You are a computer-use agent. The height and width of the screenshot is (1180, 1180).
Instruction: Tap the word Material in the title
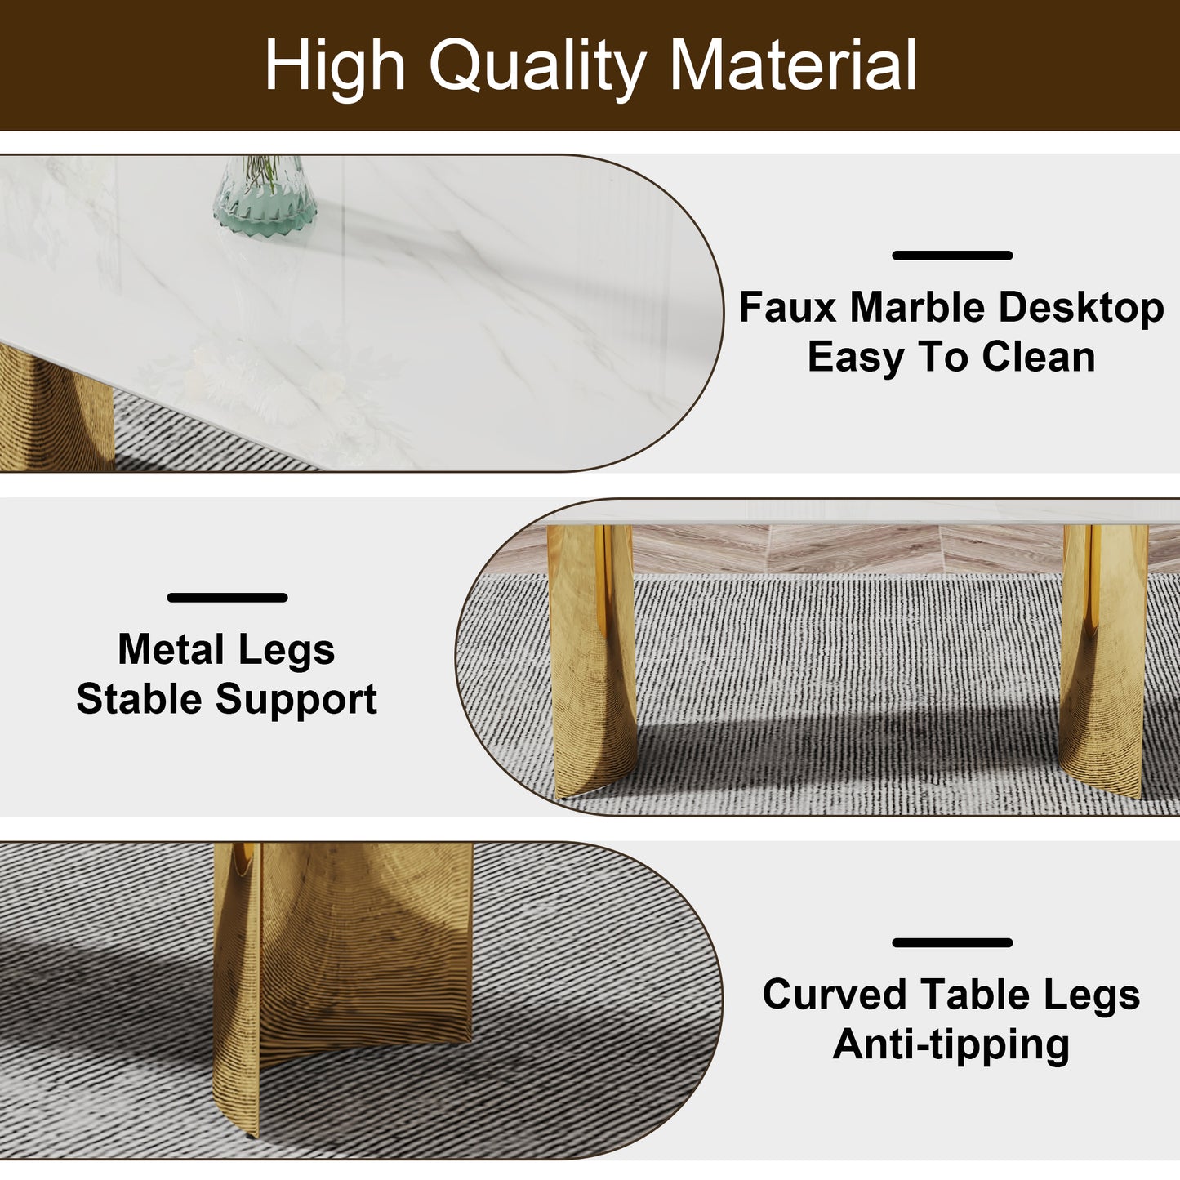tap(793, 65)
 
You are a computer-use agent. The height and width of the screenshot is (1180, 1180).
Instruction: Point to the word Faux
tap(788, 308)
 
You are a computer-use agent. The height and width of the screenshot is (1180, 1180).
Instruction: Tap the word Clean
tap(1038, 357)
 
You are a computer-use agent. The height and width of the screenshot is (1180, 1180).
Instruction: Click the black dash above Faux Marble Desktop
tap(952, 256)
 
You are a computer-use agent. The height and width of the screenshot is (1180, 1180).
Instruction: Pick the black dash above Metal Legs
tap(227, 598)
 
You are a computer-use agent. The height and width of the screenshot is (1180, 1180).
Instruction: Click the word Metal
tap(170, 650)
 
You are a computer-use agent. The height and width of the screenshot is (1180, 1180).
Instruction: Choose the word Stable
tap(139, 700)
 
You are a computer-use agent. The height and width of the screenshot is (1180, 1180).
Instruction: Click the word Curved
tap(835, 995)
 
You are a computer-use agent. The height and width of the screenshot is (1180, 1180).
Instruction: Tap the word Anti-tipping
tap(951, 1044)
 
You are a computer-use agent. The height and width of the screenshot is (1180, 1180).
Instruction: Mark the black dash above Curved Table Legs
tap(952, 942)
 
